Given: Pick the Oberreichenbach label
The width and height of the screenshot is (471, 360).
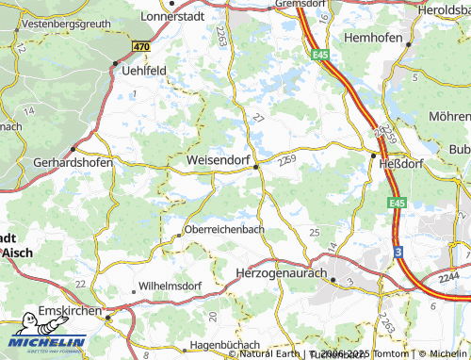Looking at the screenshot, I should tap(225, 229).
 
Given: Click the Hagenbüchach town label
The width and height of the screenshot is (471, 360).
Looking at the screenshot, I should tap(228, 346).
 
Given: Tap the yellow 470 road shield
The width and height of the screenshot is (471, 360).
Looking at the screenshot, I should tap(141, 46).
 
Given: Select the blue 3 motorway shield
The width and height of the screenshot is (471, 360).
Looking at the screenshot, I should tap(398, 252).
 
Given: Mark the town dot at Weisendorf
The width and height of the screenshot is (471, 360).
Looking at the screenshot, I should tap(256, 167).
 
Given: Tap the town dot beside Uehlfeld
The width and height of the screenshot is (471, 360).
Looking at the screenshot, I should tap(116, 64).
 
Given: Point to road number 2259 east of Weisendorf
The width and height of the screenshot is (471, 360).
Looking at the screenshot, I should tap(288, 160).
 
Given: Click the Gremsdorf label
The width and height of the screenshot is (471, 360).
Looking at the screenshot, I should tap(307, 4).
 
